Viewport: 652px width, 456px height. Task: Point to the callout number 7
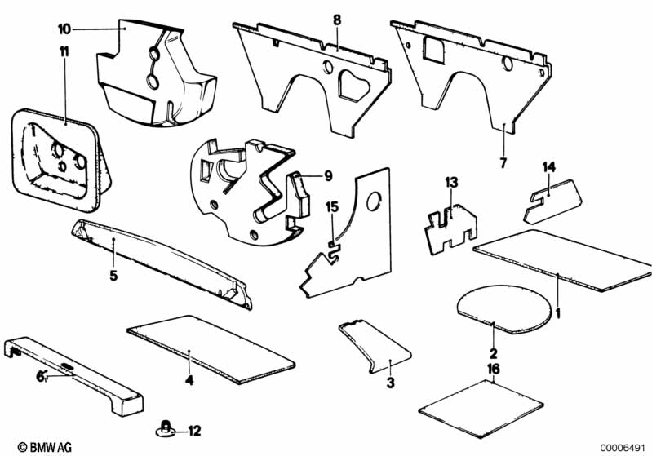click(x=503, y=163)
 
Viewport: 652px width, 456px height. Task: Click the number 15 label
click(x=330, y=207)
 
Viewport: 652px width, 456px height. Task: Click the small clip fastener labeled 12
click(x=166, y=427)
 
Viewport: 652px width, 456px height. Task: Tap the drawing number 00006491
click(x=623, y=446)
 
